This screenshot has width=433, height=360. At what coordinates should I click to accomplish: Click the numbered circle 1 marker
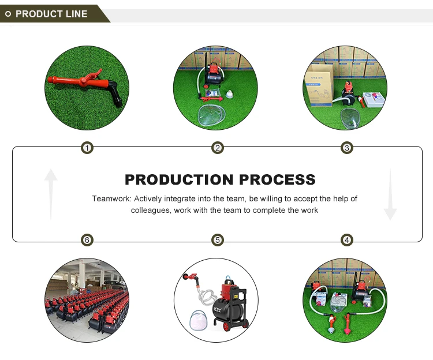(x=87, y=148)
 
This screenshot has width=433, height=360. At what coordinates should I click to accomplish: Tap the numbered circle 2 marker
(x=217, y=148)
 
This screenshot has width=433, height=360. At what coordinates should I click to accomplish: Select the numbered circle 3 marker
(x=346, y=148)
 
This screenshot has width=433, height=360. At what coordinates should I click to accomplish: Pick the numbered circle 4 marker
(x=346, y=240)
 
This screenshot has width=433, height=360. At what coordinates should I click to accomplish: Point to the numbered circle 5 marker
(x=217, y=240)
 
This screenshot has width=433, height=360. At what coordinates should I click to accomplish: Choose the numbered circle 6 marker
(x=87, y=240)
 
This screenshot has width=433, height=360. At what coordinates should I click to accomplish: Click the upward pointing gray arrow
(x=51, y=193)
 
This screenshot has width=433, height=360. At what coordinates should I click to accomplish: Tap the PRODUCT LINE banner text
(x=51, y=14)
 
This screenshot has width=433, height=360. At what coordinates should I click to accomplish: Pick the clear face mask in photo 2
(x=214, y=112)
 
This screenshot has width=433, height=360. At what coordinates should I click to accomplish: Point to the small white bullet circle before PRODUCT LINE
(x=8, y=14)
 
